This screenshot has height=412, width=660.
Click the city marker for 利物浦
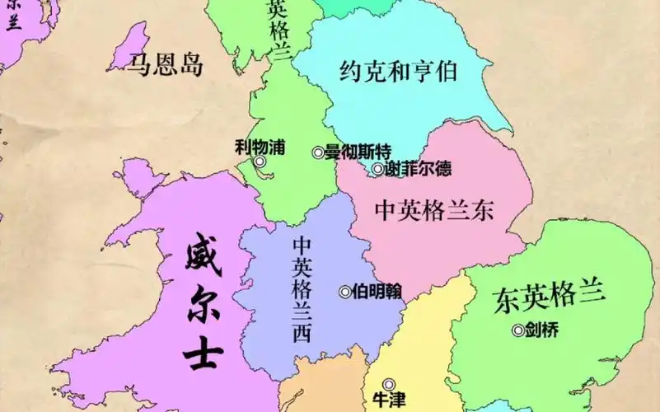pos(260,162)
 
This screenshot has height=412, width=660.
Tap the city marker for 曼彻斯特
pos(318,152)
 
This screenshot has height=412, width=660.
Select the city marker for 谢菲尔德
pos(377,169)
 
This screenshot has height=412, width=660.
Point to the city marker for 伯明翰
pos(345,291)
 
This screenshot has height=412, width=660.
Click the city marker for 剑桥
pos(518,330)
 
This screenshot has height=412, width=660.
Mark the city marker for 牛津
pos(389,383)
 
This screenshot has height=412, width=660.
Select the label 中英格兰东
pos(434,210)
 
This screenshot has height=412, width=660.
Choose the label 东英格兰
pos(550,295)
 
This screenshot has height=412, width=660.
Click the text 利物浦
pos(260,147)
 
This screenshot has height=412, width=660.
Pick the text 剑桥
pos(541,330)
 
